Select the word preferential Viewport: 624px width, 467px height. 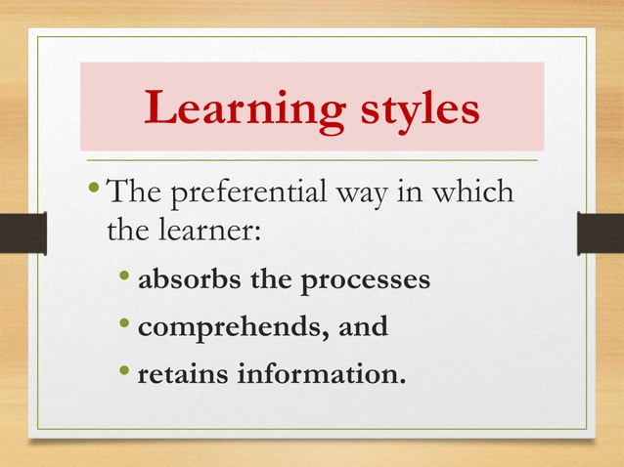242,191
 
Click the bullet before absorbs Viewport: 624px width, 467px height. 128,279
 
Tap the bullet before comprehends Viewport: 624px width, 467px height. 128,324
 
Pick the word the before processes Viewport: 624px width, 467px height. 273,281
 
